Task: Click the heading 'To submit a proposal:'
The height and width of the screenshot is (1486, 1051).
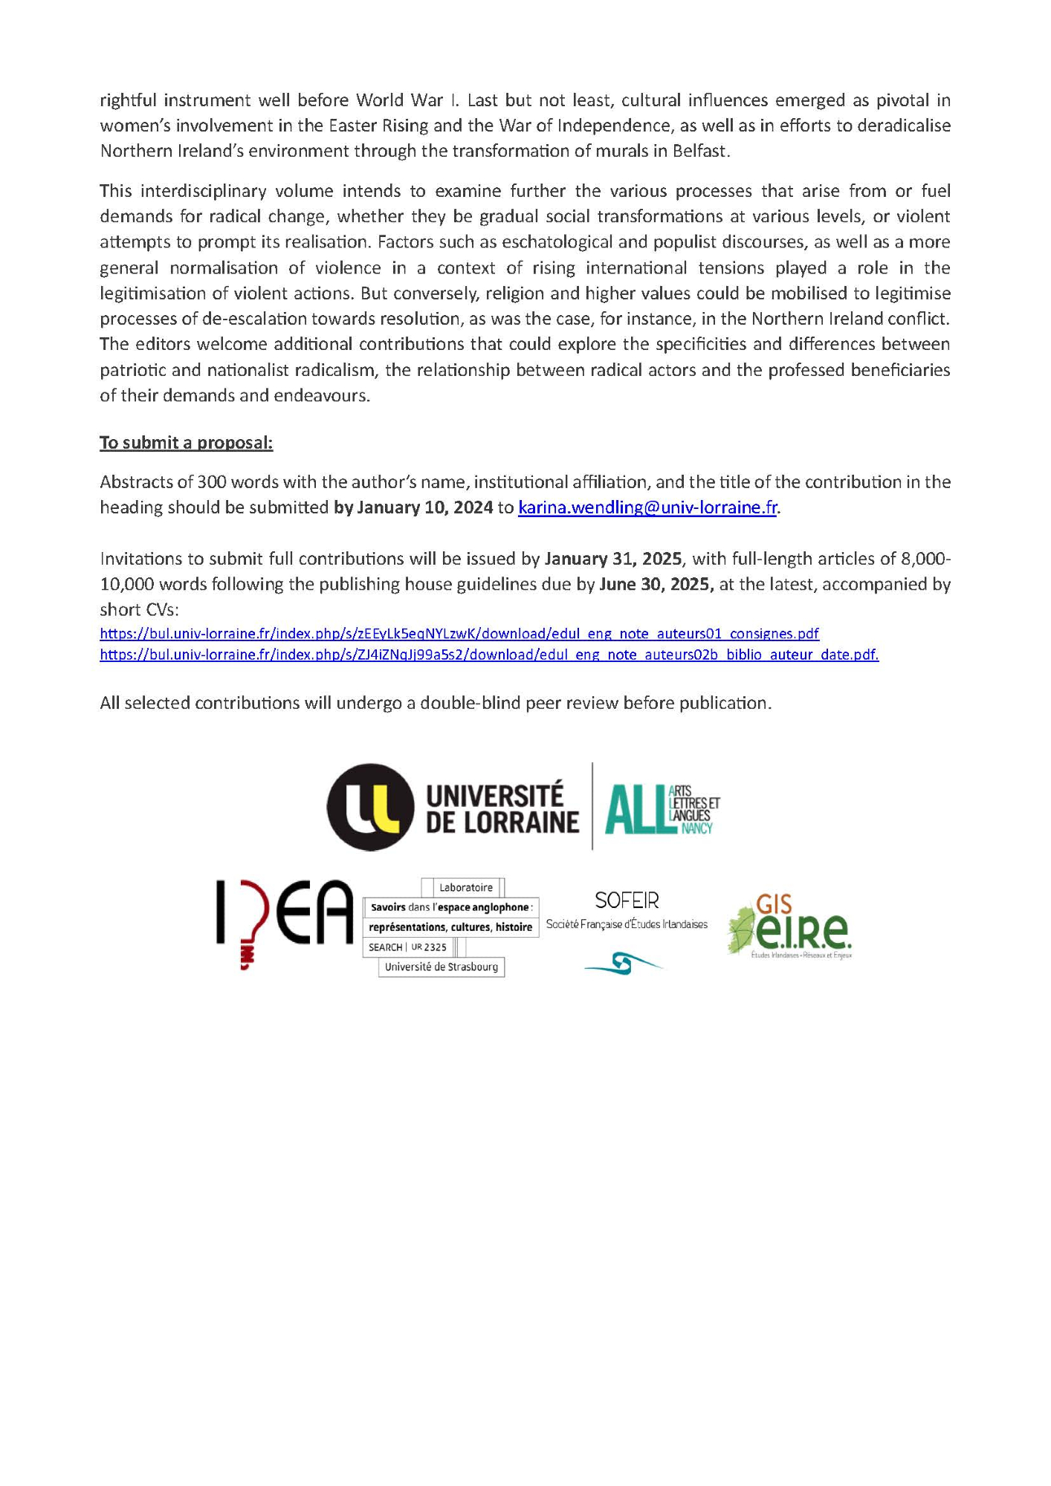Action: pos(186,443)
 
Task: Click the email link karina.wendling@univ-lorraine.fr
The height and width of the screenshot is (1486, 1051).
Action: pos(647,507)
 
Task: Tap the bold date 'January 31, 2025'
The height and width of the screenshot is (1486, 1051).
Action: pos(612,559)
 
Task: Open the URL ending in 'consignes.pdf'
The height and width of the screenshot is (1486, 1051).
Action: pos(459,634)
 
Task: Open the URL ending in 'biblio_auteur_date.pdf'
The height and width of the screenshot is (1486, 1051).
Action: pos(488,655)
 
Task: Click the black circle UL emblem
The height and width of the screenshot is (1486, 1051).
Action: pos(370,807)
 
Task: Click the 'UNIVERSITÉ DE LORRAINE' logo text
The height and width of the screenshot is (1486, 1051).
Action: pos(502,808)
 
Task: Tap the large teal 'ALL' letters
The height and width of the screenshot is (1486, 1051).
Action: pos(635,810)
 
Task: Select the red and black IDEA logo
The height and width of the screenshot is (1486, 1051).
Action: pos(284,921)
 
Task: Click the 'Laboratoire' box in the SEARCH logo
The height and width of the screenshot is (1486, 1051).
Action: pos(465,887)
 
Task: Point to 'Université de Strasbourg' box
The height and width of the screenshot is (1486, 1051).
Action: pos(441,967)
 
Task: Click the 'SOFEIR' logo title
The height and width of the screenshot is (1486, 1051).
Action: pos(627,901)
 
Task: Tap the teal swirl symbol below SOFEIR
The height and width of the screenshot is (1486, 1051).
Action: pos(624,964)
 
